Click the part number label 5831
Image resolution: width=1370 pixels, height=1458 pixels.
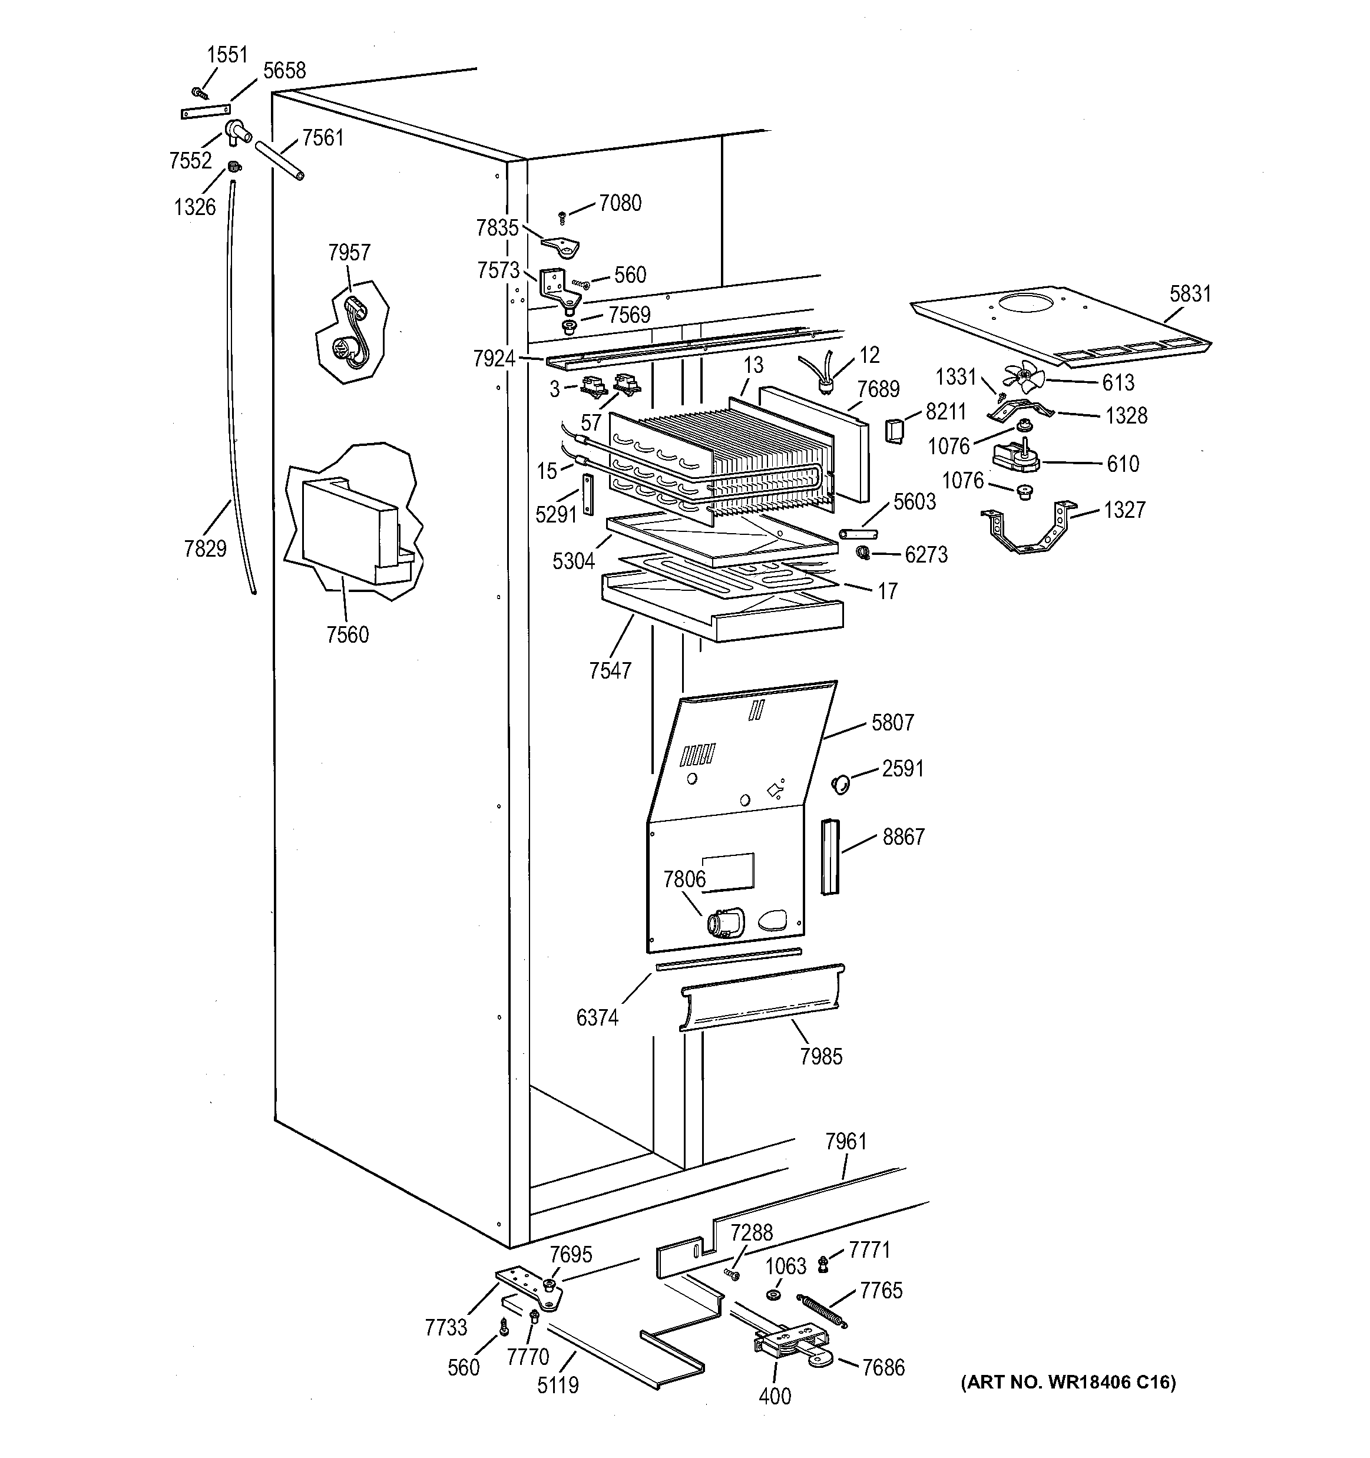click(x=1190, y=294)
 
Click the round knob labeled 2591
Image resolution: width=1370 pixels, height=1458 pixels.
click(x=840, y=784)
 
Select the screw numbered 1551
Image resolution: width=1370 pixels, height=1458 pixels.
click(x=198, y=93)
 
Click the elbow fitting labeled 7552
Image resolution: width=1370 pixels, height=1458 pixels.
click(x=237, y=132)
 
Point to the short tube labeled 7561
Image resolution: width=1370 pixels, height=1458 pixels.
click(x=279, y=161)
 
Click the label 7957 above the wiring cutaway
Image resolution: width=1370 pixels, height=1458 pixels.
click(x=349, y=253)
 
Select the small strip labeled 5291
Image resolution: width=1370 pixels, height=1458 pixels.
click(x=587, y=494)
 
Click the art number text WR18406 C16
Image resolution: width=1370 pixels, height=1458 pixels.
click(x=1067, y=1383)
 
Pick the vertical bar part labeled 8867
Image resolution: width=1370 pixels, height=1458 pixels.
click(x=829, y=857)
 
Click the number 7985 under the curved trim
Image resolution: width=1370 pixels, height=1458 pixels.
click(x=820, y=1056)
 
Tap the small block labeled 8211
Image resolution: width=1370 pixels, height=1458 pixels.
click(x=894, y=431)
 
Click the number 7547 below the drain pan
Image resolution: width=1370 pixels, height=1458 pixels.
click(x=610, y=670)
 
